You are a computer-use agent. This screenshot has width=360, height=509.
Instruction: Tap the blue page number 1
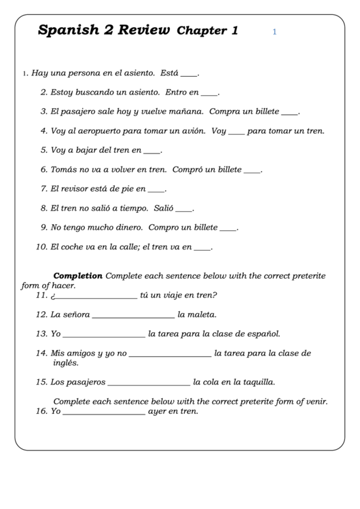pyautogui.click(x=274, y=31)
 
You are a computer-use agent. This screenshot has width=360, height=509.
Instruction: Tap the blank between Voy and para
pyautogui.click(x=236, y=132)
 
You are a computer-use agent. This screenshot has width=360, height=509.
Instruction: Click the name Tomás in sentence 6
pyautogui.click(x=63, y=170)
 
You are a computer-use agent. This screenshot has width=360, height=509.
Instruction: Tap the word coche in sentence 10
pyautogui.click(x=75, y=247)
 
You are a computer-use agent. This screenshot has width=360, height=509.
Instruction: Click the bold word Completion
pyautogui.click(x=77, y=276)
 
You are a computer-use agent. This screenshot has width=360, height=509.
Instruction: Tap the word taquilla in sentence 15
pyautogui.click(x=255, y=382)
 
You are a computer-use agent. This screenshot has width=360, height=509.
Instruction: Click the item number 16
pyautogui.click(x=41, y=411)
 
